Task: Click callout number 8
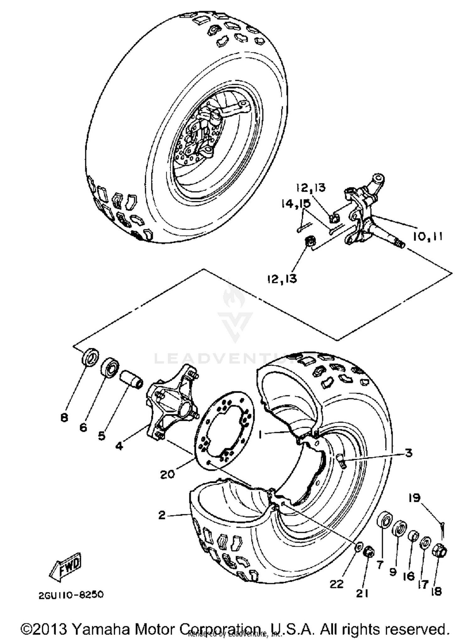[64, 418]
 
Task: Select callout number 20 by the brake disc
[167, 474]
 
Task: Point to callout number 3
[409, 453]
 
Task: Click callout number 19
[414, 498]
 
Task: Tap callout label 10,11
[427, 236]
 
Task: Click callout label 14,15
[295, 204]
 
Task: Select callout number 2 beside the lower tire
[162, 515]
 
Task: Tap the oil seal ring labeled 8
[90, 357]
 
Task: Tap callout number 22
[336, 584]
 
